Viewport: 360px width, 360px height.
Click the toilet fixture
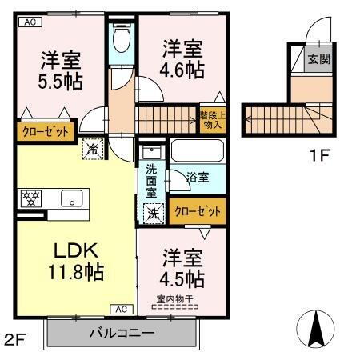pos(122,38)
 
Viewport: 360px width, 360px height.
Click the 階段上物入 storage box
pos(212,119)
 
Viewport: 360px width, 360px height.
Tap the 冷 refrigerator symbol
pos(93,148)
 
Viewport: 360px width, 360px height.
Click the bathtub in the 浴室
pos(196,153)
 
